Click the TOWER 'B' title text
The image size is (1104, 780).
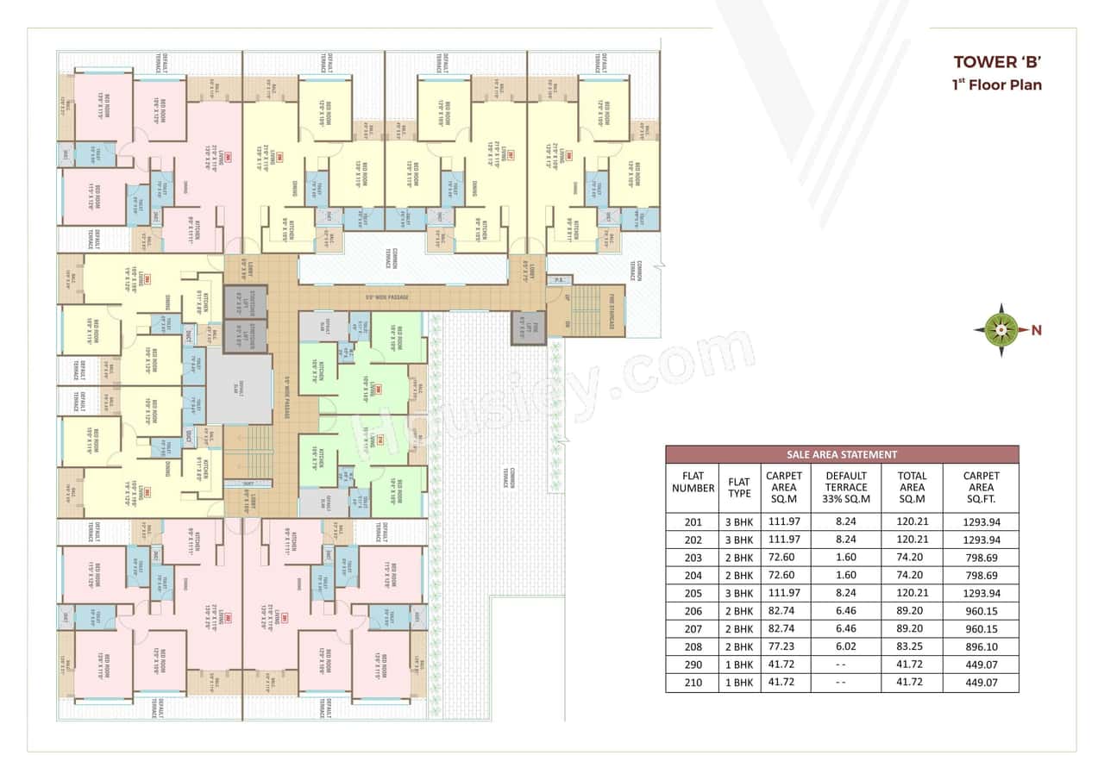(997, 62)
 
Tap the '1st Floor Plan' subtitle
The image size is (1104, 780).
(997, 84)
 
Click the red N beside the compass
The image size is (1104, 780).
(1037, 329)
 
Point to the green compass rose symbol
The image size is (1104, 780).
(1000, 329)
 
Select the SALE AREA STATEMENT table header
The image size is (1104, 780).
(842, 454)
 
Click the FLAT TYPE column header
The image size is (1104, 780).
(739, 488)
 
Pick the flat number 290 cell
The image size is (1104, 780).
(693, 665)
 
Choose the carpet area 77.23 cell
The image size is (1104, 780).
(783, 646)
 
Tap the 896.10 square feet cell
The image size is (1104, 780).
(981, 646)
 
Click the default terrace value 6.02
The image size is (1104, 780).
(846, 646)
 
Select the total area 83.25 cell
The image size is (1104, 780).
(912, 646)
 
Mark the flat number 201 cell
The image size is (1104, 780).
(693, 521)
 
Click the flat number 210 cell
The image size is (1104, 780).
(693, 683)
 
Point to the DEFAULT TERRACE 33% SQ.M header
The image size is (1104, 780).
(846, 488)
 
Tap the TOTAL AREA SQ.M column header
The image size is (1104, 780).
(912, 488)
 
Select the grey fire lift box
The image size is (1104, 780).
(528, 328)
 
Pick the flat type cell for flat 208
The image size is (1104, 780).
(739, 646)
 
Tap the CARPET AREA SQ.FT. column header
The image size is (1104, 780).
(981, 488)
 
